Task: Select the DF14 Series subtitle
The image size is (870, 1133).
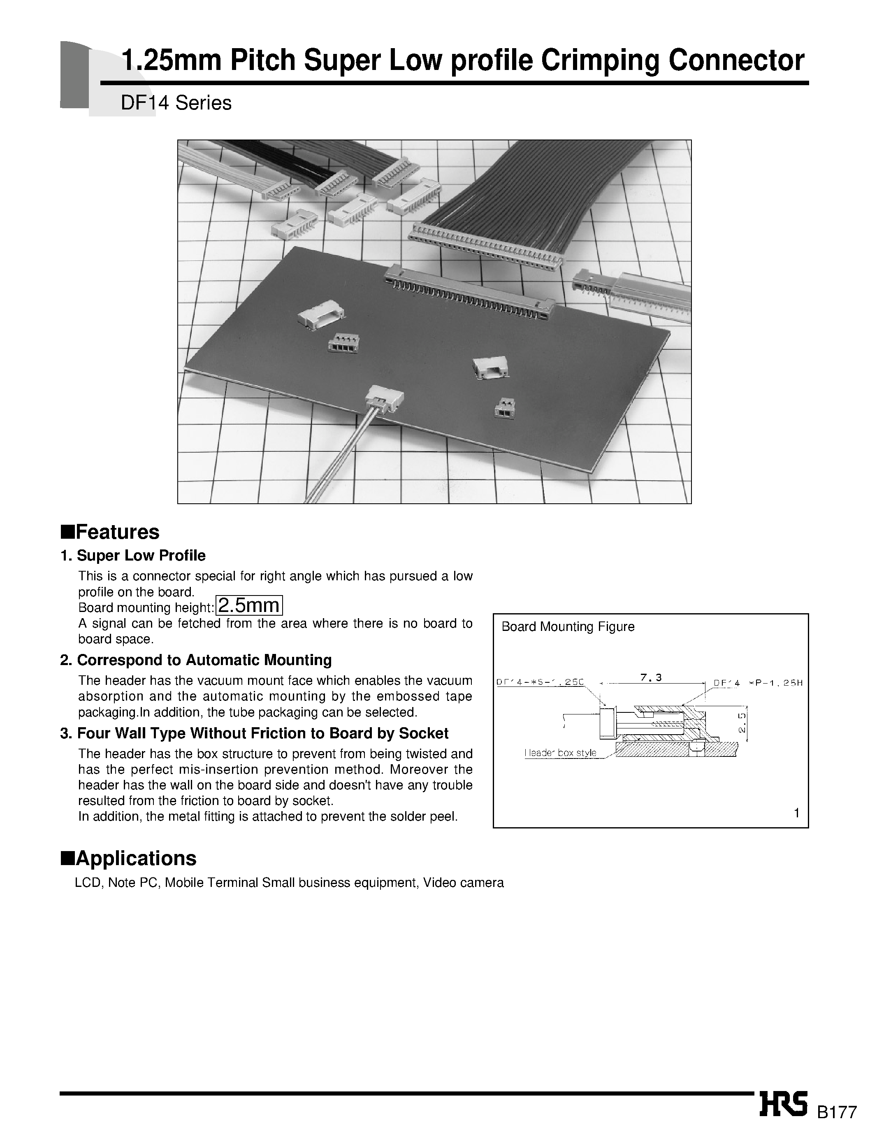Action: (x=176, y=103)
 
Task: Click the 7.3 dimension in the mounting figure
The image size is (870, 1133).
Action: (x=651, y=677)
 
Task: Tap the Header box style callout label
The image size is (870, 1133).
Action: (x=560, y=753)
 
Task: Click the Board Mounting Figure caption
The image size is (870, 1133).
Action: (x=568, y=627)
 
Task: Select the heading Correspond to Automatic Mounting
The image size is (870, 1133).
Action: (x=204, y=660)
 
